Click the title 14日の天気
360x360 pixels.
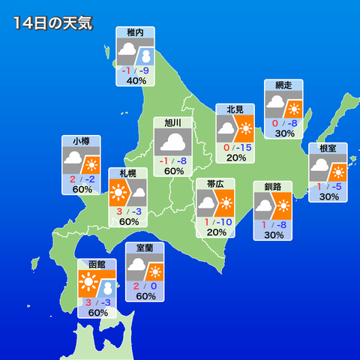point(52,23)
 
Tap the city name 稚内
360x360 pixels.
point(136,34)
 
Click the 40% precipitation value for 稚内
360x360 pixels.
point(136,81)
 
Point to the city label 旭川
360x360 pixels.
point(173,123)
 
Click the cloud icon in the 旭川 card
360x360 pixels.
point(173,142)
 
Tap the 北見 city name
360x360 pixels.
point(235,109)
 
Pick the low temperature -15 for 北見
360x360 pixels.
point(241,146)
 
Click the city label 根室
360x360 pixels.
point(328,148)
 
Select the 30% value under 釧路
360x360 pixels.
point(273,235)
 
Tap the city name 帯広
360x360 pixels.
point(215,184)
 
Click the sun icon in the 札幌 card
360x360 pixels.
point(118,195)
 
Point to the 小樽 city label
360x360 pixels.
point(82,141)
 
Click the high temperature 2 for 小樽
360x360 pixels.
point(73,178)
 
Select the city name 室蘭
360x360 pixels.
point(145,247)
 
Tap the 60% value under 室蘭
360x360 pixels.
point(145,296)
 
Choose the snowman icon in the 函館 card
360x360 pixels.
point(107,289)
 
